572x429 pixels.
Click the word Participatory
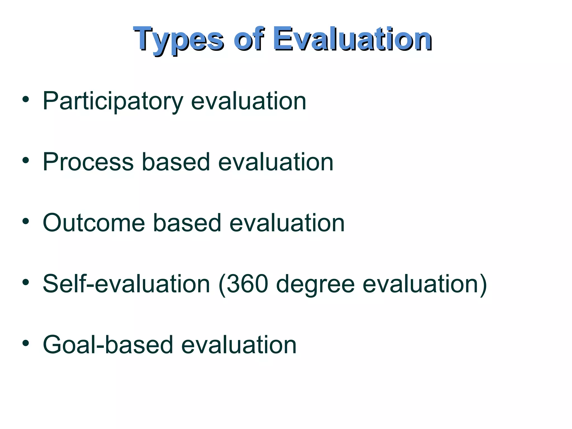(113, 101)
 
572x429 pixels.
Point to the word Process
(88, 162)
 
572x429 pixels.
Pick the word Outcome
(94, 223)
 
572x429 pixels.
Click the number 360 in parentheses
(247, 284)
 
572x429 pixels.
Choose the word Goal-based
(108, 345)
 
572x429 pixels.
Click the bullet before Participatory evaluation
(26, 100)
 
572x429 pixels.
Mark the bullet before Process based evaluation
(26, 161)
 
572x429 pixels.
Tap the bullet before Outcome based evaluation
(26, 222)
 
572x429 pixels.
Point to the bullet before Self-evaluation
(26, 283)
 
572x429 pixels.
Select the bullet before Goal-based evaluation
(26, 344)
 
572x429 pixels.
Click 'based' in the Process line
(176, 162)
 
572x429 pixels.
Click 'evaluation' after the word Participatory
(249, 101)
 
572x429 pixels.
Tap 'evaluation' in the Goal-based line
(239, 345)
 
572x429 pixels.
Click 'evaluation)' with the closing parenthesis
(425, 284)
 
